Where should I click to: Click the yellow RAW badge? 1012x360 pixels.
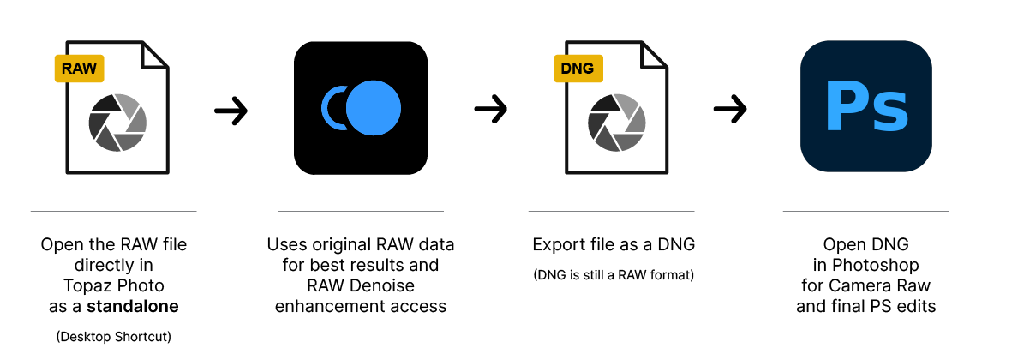pos(80,69)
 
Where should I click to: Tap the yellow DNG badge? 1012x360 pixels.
pos(578,69)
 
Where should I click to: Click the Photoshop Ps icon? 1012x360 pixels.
pos(866,106)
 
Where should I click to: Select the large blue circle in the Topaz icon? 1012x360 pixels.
pos(374,108)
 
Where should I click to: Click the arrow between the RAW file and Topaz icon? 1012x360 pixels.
pos(231,111)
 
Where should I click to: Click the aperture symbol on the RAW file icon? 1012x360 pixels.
pos(117,123)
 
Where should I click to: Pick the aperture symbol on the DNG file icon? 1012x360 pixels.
pos(617,123)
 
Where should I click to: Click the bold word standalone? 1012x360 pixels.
pos(133,307)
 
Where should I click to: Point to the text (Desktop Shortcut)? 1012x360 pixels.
pos(114,336)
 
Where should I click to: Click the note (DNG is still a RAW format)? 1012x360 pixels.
pos(614,275)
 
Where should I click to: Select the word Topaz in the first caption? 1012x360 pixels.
pos(86,285)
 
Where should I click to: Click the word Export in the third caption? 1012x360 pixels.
pos(556,245)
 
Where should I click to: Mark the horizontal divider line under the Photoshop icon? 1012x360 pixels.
pos(865,211)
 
